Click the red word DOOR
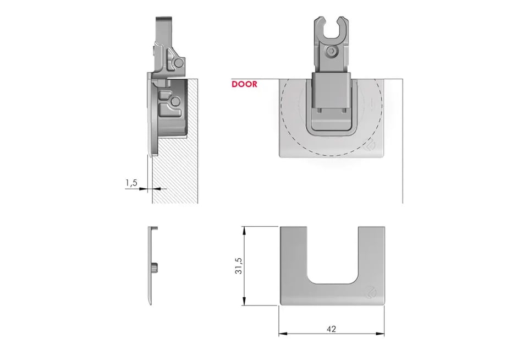click(x=244, y=84)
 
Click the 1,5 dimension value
click(x=131, y=183)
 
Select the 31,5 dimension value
click(x=238, y=266)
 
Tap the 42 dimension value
click(x=331, y=329)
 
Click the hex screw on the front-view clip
click(x=332, y=51)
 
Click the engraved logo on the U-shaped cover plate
click(x=371, y=292)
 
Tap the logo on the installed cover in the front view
click(x=371, y=145)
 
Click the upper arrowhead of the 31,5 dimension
click(x=244, y=231)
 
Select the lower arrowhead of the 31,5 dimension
click(x=244, y=301)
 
